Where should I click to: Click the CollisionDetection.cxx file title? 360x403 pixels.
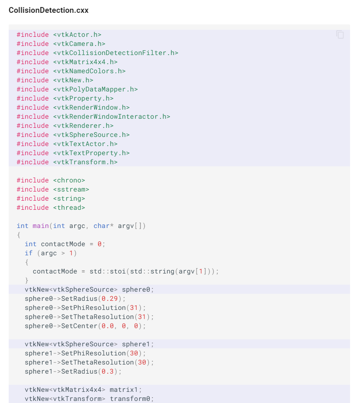pos(48,10)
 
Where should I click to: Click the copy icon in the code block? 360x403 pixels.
pos(340,35)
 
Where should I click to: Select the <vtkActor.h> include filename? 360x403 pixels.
pos(77,35)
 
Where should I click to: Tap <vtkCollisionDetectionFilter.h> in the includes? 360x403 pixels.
pos(115,53)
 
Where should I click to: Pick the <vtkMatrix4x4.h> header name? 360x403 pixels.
pos(85,62)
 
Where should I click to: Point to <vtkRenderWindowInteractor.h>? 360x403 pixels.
pos(111,117)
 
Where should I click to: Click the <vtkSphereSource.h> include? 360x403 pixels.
pos(91,135)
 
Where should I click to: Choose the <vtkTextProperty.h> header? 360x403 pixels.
pos(91,153)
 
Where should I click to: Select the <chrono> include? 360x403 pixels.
pos(69,180)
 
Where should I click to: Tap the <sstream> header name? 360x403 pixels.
pos(71,190)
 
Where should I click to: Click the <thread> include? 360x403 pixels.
pos(69,208)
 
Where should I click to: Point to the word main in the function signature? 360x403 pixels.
pos(41,226)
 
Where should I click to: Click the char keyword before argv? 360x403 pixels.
pos(101,226)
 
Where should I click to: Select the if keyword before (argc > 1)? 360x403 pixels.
pos(29,253)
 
